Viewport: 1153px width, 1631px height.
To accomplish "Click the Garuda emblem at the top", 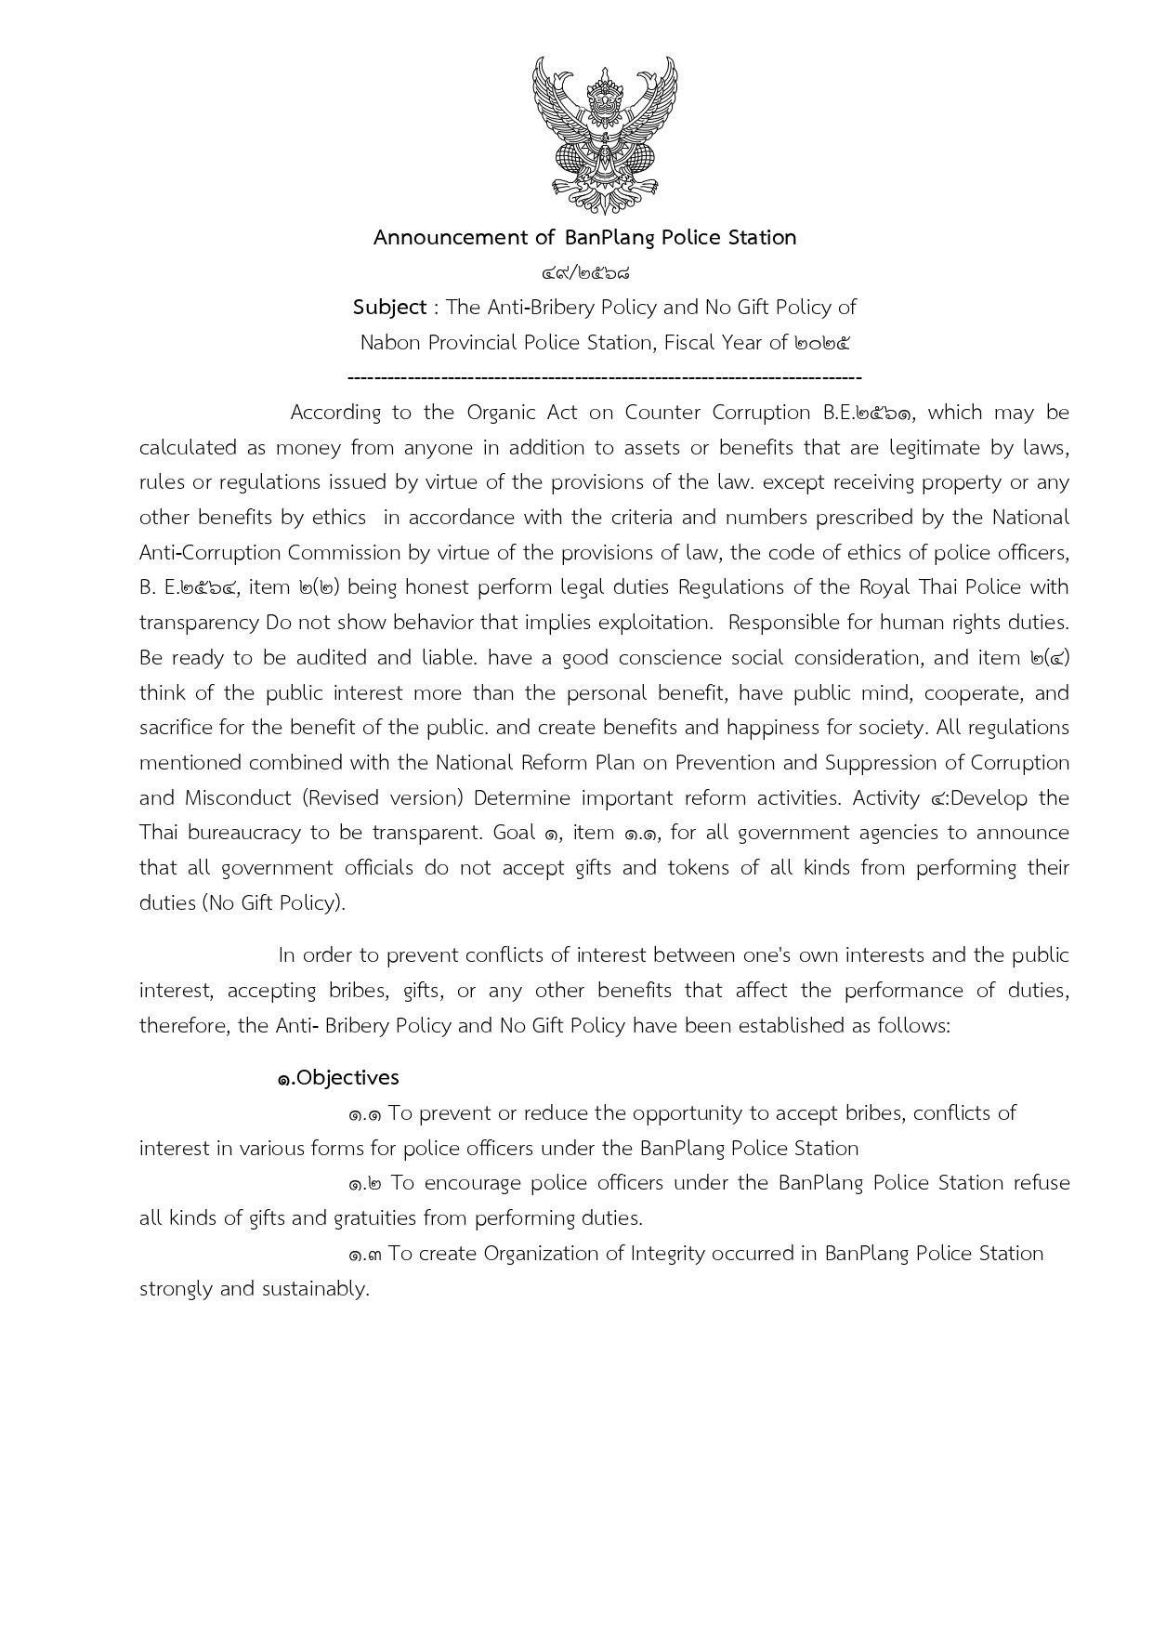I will click(604, 136).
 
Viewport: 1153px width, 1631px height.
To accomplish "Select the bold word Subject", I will click(389, 308).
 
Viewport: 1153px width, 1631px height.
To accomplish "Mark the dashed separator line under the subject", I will click(604, 377).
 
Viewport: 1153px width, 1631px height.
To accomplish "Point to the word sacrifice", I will click(177, 728).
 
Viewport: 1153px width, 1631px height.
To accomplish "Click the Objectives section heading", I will click(338, 1078).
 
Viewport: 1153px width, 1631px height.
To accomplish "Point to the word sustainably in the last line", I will click(316, 1289).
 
